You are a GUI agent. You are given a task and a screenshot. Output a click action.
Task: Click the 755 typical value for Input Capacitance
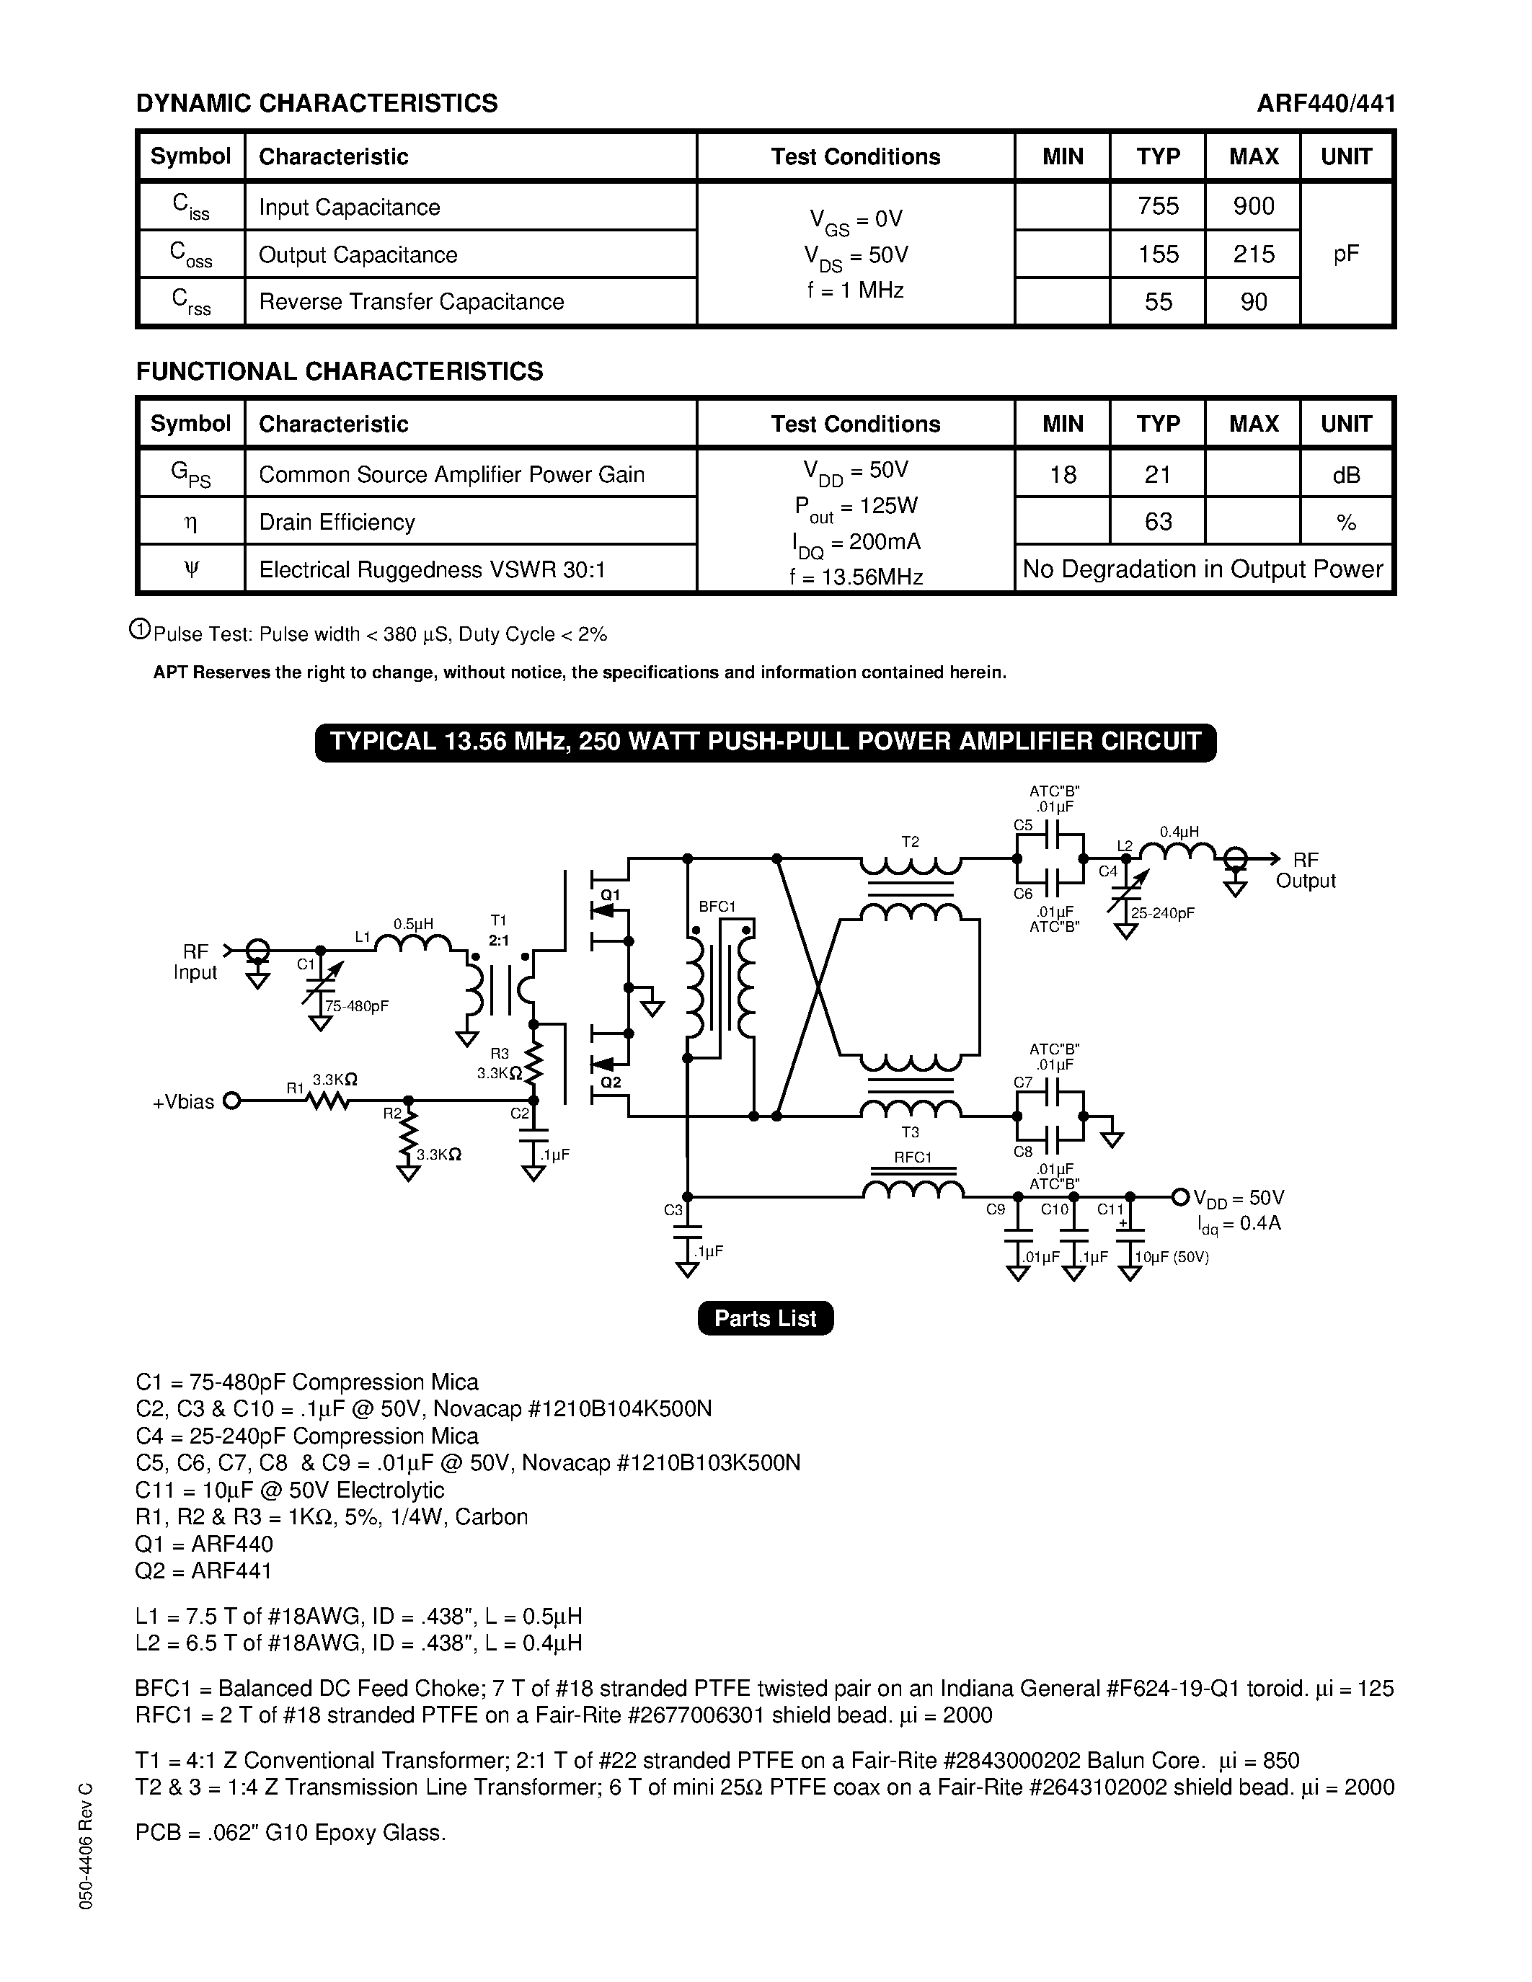tap(1158, 207)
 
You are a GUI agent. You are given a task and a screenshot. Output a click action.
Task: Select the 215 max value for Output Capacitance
tap(1254, 254)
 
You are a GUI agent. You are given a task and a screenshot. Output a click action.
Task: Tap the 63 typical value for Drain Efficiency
tap(1158, 522)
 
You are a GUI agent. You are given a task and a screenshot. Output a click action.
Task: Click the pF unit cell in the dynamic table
tap(1346, 254)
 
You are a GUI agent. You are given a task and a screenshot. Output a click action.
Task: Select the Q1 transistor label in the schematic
tap(611, 895)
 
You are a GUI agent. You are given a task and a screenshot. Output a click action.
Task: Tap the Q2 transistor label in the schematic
tap(611, 1082)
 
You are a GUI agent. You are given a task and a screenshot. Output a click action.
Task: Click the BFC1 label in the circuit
tap(717, 907)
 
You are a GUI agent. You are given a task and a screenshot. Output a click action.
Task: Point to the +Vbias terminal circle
tap(231, 1101)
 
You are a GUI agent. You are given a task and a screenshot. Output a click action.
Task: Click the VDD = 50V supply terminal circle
tap(1180, 1198)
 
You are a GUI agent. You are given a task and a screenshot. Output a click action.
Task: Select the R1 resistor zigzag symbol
tap(329, 1101)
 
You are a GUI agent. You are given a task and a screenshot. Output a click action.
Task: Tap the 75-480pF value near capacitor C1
tap(357, 1006)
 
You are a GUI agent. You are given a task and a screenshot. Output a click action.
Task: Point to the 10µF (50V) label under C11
tap(1172, 1257)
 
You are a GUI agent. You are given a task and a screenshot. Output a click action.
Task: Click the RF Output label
tap(1305, 871)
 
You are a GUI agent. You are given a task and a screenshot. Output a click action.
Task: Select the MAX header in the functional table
tap(1254, 424)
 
